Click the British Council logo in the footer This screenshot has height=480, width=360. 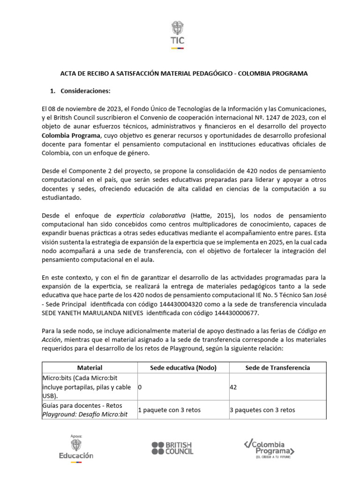[172, 448]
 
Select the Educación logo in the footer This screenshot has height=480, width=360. [76, 448]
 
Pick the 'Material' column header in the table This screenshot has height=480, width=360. [90, 367]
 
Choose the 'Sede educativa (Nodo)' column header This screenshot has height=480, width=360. [183, 367]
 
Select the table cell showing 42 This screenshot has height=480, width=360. [234, 387]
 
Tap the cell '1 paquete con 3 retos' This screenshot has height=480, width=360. [169, 410]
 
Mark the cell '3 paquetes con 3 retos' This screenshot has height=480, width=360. [262, 410]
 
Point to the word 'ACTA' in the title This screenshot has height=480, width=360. [69, 74]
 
